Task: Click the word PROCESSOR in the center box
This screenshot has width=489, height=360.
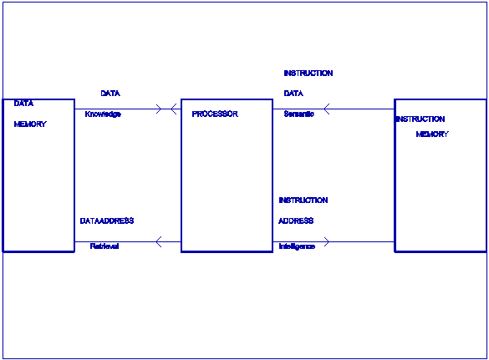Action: tap(215, 114)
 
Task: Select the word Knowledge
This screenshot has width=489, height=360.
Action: tap(103, 114)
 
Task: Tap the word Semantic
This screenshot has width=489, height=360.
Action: tap(298, 114)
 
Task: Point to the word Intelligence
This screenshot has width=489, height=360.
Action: tap(297, 246)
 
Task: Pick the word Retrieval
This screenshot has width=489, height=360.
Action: tap(104, 246)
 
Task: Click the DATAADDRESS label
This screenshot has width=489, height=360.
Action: tap(107, 221)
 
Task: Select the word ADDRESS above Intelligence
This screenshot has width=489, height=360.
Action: tap(296, 221)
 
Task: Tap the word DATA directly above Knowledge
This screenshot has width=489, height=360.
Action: tap(110, 94)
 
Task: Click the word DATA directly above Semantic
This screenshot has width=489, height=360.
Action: tap(293, 94)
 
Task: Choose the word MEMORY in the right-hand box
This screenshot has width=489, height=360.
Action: tap(432, 134)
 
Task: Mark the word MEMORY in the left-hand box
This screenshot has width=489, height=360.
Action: tap(30, 124)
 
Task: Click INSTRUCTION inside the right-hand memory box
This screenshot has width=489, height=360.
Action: tap(420, 119)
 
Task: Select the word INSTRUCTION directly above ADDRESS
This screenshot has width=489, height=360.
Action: tap(303, 200)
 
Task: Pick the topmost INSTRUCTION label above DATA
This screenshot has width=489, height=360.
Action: tap(308, 74)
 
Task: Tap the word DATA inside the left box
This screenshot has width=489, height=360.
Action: tap(23, 104)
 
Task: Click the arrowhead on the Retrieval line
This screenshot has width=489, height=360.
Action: tap(159, 241)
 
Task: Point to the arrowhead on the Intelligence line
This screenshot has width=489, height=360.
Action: tap(327, 241)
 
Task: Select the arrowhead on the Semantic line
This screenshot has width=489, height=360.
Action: tap(327, 109)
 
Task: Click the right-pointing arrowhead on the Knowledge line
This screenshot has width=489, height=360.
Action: tap(159, 109)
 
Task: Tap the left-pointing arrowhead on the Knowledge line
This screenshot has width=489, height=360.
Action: tap(174, 109)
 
